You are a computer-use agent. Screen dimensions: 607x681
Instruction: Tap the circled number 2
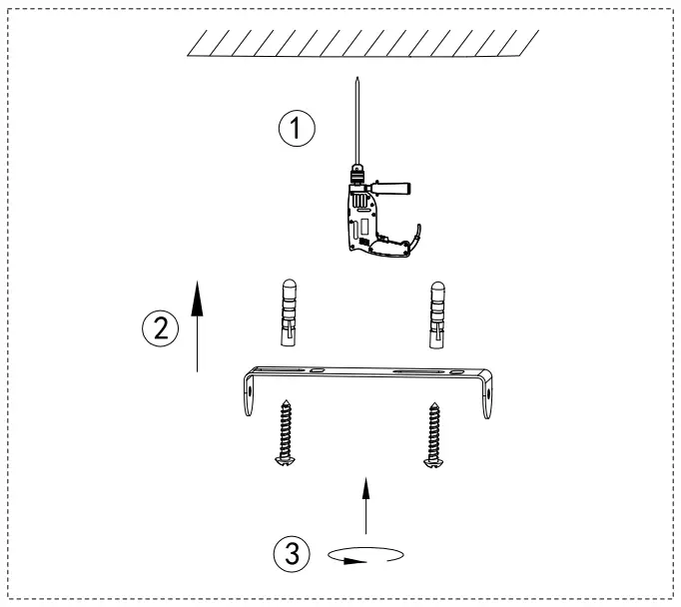point(160,325)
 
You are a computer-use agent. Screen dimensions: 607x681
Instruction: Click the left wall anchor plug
point(286,311)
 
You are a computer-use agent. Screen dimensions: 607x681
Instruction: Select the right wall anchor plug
point(436,311)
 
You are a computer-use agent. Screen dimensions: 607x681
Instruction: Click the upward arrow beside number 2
point(199,324)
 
